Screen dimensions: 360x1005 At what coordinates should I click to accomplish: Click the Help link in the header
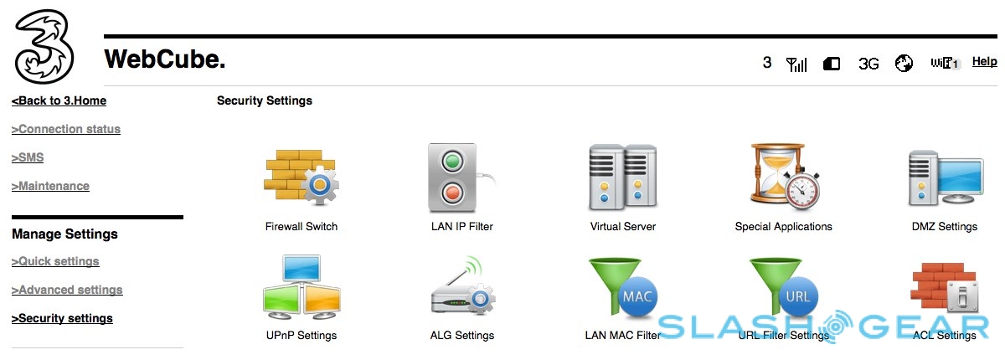coord(984,62)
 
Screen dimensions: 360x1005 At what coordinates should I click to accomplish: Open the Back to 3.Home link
coord(59,101)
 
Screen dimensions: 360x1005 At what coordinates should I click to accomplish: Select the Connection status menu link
coord(66,130)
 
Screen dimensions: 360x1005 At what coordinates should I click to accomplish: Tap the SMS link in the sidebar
coord(28,158)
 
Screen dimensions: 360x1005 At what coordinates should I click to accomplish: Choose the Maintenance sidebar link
coord(50,187)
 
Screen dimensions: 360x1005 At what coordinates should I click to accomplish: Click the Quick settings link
coord(55,262)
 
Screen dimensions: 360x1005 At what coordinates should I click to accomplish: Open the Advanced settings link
coord(67,291)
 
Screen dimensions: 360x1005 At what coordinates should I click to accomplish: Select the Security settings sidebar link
coord(62,319)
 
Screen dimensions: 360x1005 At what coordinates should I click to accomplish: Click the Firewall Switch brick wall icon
coord(301,177)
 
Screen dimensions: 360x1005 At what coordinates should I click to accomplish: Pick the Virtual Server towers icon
coord(622,177)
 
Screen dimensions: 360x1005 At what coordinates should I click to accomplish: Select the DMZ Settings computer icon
coord(945,177)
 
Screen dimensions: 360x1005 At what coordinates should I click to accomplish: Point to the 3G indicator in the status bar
coord(868,64)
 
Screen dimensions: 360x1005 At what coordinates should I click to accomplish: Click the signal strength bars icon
coord(796,64)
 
